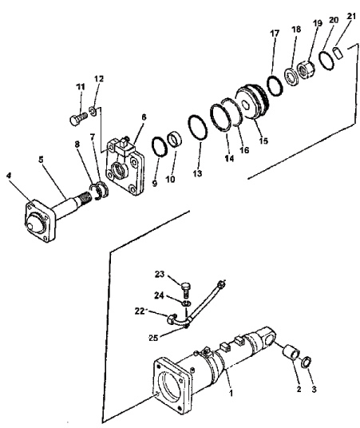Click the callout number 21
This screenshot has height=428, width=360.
point(351,17)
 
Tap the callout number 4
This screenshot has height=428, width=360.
point(9,176)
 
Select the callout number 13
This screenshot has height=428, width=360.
point(197,173)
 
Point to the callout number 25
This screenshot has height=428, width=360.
point(153,338)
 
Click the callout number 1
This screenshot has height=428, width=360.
point(231,393)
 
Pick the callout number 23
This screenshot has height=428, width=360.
point(160,274)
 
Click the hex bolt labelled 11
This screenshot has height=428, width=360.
point(78,119)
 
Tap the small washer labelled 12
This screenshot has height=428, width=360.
point(93,111)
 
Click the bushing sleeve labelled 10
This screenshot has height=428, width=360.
point(175,140)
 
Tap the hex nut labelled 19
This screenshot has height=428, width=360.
point(307,70)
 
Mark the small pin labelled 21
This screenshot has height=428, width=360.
point(338,52)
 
